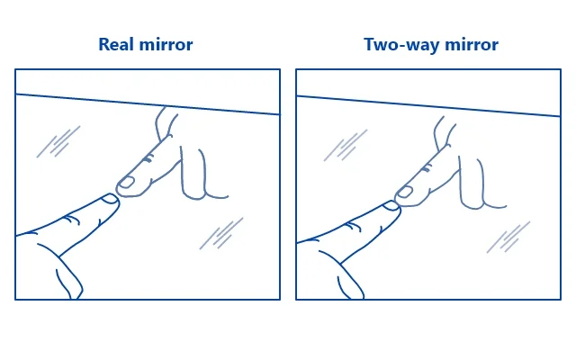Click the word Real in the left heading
(x=114, y=44)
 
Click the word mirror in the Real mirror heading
(x=166, y=44)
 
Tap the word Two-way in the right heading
(x=400, y=44)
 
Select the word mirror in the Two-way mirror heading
(x=472, y=44)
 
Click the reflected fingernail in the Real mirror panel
(x=127, y=183)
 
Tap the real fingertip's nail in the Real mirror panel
(x=111, y=199)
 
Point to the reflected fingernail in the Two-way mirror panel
(x=404, y=192)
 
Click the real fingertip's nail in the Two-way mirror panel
(x=391, y=205)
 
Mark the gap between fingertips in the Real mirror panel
(x=117, y=194)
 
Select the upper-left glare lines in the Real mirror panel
(x=58, y=142)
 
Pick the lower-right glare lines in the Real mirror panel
(x=221, y=233)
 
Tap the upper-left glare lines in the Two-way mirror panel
(x=346, y=146)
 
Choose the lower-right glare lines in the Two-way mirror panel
(x=508, y=238)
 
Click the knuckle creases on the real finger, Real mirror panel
(x=71, y=220)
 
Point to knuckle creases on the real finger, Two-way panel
(x=353, y=226)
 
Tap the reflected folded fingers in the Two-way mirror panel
(x=482, y=183)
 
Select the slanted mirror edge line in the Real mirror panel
(x=148, y=104)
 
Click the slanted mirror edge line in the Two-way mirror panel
(x=428, y=106)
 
